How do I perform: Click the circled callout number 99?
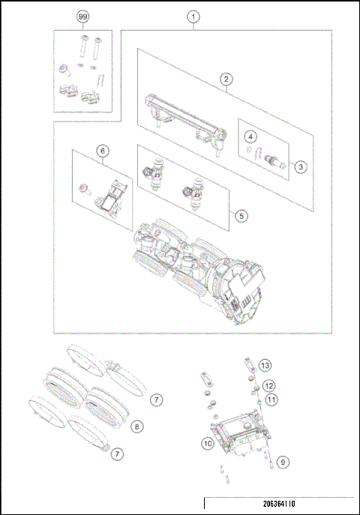click(x=82, y=16)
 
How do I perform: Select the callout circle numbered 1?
click(x=194, y=16)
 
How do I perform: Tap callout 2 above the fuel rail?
click(x=223, y=78)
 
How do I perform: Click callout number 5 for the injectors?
click(x=240, y=215)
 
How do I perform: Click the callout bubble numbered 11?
click(x=271, y=400)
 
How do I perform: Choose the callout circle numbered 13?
click(x=265, y=364)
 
